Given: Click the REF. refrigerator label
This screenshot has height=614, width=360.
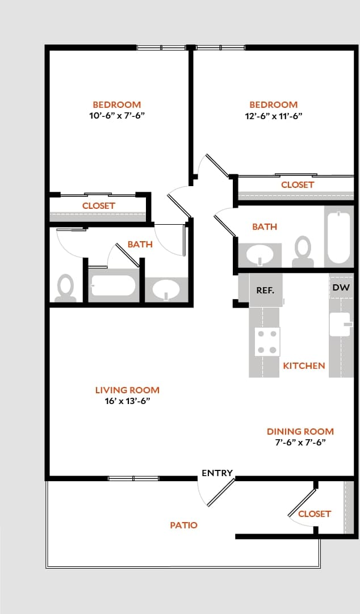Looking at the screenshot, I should [265, 290].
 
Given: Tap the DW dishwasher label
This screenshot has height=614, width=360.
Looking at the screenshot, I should [341, 288].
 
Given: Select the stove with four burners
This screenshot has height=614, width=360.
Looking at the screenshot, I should [267, 342].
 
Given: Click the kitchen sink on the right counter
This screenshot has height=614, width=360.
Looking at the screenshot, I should [340, 325].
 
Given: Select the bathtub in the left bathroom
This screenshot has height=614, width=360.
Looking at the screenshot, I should [113, 285].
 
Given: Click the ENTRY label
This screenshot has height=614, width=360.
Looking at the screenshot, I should [217, 473].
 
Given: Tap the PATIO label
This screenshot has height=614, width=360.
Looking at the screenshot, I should [184, 525].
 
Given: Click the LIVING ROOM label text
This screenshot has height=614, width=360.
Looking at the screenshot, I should [127, 390].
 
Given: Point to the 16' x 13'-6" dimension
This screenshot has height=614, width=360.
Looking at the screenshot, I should [127, 401].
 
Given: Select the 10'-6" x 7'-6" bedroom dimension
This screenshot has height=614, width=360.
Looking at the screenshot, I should [116, 116].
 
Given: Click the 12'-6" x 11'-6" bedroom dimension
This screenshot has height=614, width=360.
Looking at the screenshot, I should [273, 116].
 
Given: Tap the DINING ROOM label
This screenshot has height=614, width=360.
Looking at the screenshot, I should [300, 431].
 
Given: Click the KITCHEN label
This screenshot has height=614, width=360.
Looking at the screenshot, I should [304, 366].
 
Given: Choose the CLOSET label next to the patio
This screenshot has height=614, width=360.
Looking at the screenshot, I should [314, 514].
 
